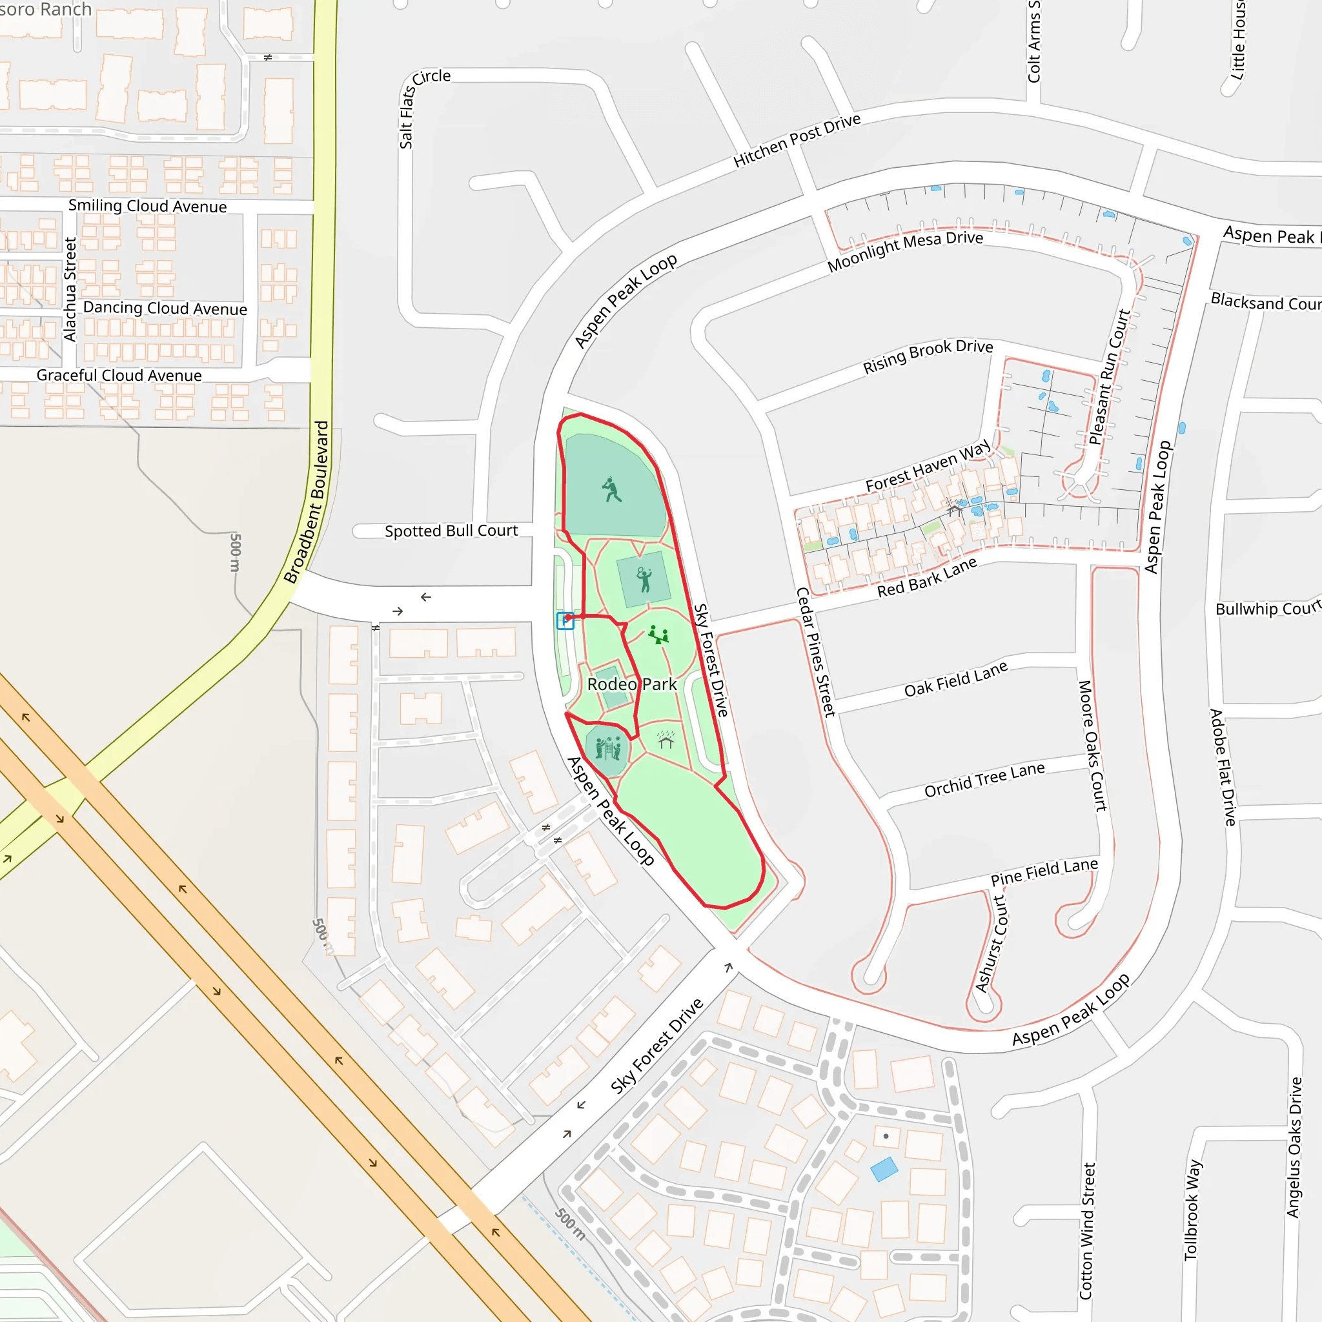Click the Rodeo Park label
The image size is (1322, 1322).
pos(631,684)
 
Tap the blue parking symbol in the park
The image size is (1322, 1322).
pos(565,620)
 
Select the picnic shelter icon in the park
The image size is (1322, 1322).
pos(666,740)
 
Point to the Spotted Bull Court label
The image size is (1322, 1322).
pos(451,531)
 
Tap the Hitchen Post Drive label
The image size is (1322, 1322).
pos(797,141)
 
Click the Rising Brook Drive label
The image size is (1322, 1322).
pos(927,356)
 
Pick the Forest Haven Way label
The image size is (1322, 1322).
pos(927,466)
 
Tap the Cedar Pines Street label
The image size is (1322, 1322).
pos(816,651)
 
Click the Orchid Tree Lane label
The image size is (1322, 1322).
pos(984,780)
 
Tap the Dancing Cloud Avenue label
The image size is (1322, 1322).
pos(165,309)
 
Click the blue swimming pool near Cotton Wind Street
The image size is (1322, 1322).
pos(884,1170)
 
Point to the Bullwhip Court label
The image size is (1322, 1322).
pos(1266,609)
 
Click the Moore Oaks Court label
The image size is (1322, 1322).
pos(1092,746)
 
